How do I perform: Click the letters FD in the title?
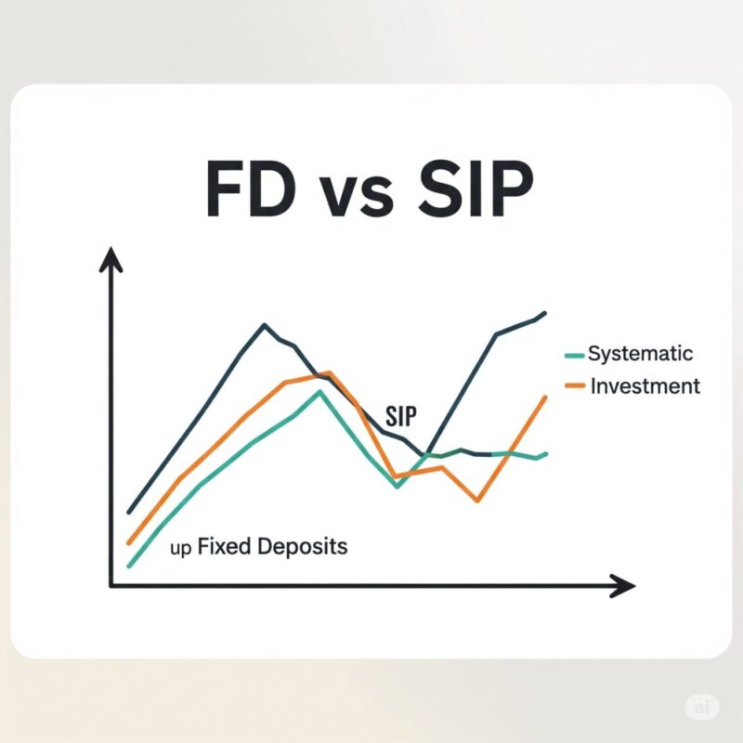coord(251,189)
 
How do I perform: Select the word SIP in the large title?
coord(476,189)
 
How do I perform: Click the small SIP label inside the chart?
coord(401,416)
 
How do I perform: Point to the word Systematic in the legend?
coord(640,354)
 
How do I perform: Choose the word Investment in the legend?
coord(645,386)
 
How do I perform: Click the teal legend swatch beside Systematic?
coord(574,356)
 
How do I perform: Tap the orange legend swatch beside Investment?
coord(575,385)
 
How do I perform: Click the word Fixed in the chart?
coord(224,546)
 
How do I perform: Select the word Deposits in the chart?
coord(303,547)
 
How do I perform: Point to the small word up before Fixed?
coord(180,549)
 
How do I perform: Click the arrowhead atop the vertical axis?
coord(111,260)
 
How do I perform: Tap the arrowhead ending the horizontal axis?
coord(622,586)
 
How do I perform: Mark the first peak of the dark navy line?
coord(265,325)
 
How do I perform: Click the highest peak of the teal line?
coord(320,391)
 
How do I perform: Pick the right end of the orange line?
coord(545,398)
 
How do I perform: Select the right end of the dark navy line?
coord(545,313)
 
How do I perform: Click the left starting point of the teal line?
coord(129,566)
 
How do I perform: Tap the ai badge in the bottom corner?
coord(702,708)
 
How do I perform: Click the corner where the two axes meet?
coord(111,586)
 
